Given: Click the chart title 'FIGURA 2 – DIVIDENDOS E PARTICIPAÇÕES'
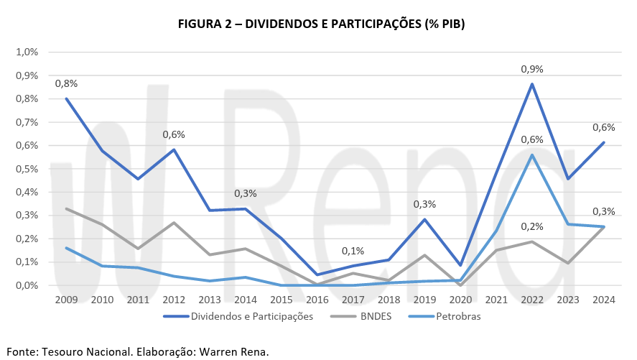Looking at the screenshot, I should coord(322,24).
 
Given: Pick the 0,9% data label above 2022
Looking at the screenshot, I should coord(531,70).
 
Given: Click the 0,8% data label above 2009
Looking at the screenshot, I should coord(66,83).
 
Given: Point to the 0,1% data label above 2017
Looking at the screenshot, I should coord(353,251).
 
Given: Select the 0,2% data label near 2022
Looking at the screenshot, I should coord(531,226).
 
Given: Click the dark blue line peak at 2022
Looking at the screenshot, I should coord(531,84).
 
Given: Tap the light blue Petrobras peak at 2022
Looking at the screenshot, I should coord(531,154).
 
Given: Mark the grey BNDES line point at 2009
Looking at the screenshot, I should coord(66,208).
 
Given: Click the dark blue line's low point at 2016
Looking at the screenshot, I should coord(317,274).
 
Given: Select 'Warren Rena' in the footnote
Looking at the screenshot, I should coord(233,352).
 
